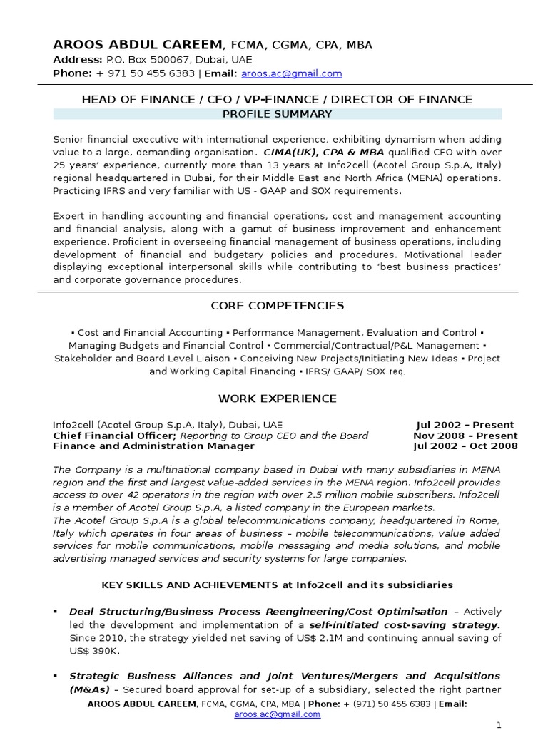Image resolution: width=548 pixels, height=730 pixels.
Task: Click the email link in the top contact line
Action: [292, 73]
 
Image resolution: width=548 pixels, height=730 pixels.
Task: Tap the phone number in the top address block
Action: [146, 73]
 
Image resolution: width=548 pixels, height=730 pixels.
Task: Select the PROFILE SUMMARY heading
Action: [277, 114]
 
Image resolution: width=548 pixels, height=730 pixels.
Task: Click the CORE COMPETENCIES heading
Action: [277, 306]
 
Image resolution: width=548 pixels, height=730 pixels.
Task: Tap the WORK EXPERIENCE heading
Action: [277, 398]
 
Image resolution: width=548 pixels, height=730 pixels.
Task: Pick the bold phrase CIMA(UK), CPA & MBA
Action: [323, 153]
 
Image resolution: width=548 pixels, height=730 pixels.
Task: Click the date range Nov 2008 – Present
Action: [465, 436]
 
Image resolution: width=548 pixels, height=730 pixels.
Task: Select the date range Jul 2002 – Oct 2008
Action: [465, 446]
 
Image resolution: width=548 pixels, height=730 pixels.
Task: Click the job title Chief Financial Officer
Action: [114, 436]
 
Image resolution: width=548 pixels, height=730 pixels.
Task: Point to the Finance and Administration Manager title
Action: [154, 446]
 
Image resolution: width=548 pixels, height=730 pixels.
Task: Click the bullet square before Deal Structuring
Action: [56, 612]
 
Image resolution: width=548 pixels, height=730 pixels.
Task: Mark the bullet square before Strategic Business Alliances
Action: [56, 676]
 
